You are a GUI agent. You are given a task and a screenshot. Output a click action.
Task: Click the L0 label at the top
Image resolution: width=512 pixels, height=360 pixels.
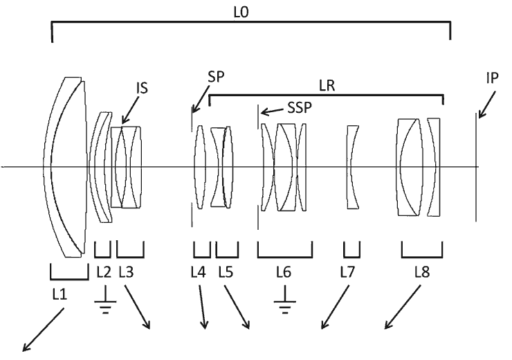(x=241, y=12)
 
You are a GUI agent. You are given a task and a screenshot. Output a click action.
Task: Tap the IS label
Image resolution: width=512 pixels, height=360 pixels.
(x=143, y=88)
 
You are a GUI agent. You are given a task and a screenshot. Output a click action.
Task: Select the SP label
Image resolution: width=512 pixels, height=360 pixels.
(x=216, y=77)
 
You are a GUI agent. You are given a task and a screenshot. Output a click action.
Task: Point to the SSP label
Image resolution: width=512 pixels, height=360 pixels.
(x=300, y=107)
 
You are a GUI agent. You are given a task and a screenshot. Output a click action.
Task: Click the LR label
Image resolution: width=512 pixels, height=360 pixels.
(x=327, y=86)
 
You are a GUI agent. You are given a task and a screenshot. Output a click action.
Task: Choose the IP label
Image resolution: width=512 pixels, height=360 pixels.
(x=492, y=78)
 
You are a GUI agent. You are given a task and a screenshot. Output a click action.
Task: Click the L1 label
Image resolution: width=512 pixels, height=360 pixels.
(x=60, y=295)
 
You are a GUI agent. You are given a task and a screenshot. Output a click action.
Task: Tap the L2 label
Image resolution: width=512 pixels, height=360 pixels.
(x=104, y=272)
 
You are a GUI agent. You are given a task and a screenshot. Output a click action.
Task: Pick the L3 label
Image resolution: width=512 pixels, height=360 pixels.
(x=126, y=272)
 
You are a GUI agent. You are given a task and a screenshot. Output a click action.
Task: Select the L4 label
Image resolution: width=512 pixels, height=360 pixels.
(x=198, y=272)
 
